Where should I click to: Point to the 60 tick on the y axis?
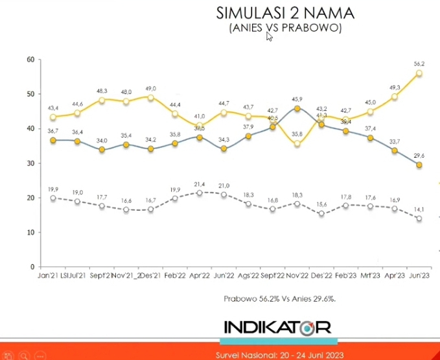[30, 60]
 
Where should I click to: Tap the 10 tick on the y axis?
[30, 232]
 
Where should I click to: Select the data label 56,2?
[420, 64]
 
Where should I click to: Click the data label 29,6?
[420, 156]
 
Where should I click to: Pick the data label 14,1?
[420, 209]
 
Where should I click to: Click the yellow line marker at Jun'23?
[419, 73]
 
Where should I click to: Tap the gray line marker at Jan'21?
[53, 140]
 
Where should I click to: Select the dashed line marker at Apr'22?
[200, 193]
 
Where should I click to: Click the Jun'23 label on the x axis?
[419, 275]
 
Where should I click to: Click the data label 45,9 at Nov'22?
[297, 99]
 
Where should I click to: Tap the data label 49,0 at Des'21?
[151, 89]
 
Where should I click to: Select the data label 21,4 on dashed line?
[200, 184]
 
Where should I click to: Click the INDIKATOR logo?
[277, 327]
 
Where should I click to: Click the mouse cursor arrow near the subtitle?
[269, 37]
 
